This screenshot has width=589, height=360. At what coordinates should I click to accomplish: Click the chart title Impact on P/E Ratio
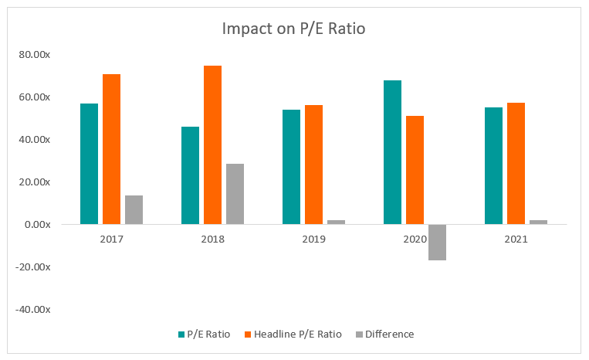click(294, 29)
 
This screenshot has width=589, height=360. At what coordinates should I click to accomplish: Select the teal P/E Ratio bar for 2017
click(90, 164)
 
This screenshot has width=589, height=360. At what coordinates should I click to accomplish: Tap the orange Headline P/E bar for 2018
click(212, 145)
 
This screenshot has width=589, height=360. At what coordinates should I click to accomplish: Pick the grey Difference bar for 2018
click(235, 194)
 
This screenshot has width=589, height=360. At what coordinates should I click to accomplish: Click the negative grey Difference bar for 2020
click(437, 242)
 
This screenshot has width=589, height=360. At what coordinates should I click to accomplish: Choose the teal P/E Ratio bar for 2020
click(392, 152)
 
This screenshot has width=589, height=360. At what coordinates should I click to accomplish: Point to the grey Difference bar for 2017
click(134, 209)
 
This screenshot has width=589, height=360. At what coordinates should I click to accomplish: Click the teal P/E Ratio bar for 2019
click(291, 167)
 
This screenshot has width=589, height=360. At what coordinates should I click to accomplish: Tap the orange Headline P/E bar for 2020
click(415, 170)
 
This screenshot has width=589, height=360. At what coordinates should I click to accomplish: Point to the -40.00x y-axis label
click(34, 310)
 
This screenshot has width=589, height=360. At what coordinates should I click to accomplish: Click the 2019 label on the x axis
click(313, 239)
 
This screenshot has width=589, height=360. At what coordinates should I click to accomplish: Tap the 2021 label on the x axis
click(516, 239)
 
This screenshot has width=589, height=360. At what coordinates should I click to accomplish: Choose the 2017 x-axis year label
click(112, 239)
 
